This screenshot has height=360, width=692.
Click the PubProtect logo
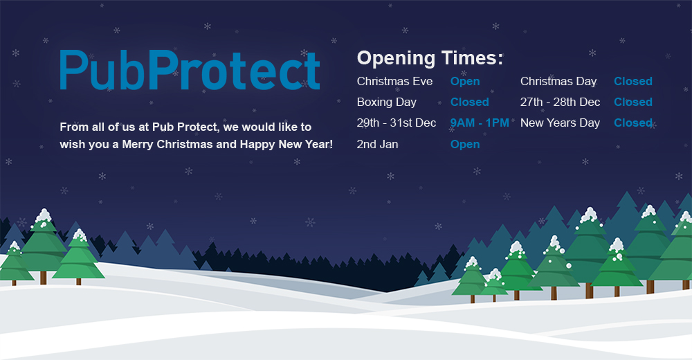[x=190, y=70]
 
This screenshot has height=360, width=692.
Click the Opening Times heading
[x=430, y=58]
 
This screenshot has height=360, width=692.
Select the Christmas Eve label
[x=394, y=81]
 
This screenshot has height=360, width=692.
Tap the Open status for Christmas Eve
[x=465, y=82]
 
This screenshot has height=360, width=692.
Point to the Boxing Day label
[x=387, y=102]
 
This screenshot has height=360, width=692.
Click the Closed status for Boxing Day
[x=470, y=102]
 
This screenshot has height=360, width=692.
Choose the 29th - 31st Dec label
[x=397, y=123]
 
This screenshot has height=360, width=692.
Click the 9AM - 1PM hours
[x=480, y=123]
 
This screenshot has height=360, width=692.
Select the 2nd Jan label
[x=377, y=144]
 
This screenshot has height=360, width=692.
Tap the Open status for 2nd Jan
[x=465, y=145]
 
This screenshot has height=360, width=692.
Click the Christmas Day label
[x=558, y=82]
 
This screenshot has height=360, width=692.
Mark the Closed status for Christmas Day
[x=633, y=81]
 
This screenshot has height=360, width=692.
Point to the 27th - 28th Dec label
[x=560, y=102]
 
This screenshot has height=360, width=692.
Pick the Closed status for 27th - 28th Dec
[x=633, y=102]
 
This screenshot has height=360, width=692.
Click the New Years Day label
[x=560, y=123]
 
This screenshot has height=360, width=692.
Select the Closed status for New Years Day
[x=633, y=123]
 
